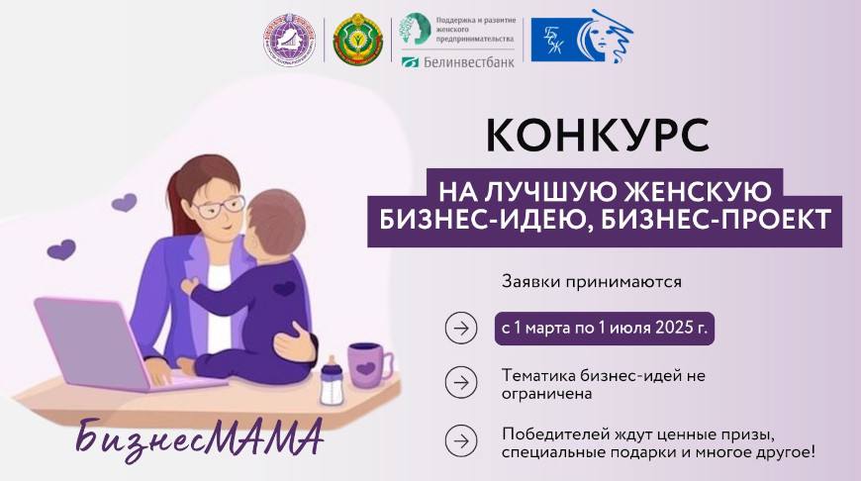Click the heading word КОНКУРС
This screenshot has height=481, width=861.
[605, 137]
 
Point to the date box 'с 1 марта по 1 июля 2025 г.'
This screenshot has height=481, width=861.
[605, 329]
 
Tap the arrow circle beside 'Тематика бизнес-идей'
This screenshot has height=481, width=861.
[461, 382]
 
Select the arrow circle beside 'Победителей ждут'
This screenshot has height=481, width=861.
[461, 438]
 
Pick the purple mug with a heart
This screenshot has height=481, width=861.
[367, 365]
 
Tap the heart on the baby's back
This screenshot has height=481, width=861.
[285, 290]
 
